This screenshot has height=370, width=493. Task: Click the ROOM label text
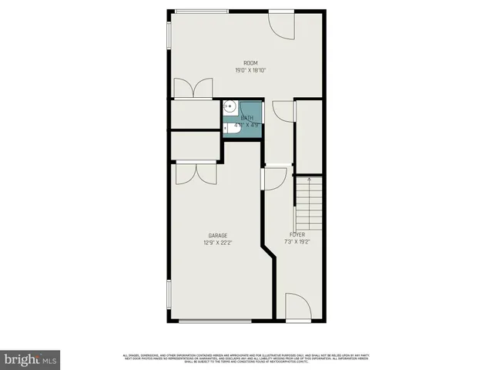tap(250, 63)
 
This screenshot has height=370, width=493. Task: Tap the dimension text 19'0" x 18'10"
tap(250, 70)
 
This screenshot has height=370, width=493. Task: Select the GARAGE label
tap(217, 235)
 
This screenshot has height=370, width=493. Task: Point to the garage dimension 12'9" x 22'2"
tap(217, 242)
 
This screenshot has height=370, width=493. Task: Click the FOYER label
tap(297, 234)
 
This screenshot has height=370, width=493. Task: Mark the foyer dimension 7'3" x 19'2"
tap(297, 242)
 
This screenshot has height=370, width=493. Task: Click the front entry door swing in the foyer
tap(297, 306)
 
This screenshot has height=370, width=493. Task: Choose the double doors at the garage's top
tap(196, 174)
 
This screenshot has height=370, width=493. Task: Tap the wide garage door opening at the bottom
tap(215, 321)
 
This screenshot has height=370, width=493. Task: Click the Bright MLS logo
tap(30, 358)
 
